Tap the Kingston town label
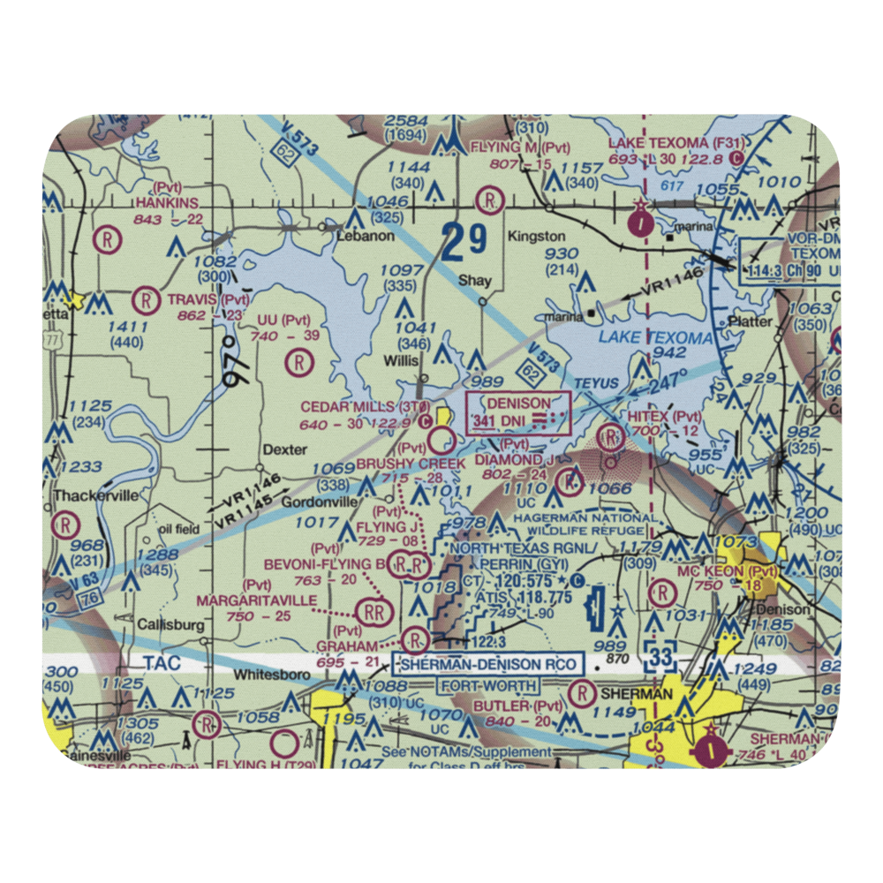536,237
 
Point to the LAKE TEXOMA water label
654,338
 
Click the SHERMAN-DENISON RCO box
488,664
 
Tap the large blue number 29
464,241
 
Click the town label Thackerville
95,495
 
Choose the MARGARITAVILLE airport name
256,600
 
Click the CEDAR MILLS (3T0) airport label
365,407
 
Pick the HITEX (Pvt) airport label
675,415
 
